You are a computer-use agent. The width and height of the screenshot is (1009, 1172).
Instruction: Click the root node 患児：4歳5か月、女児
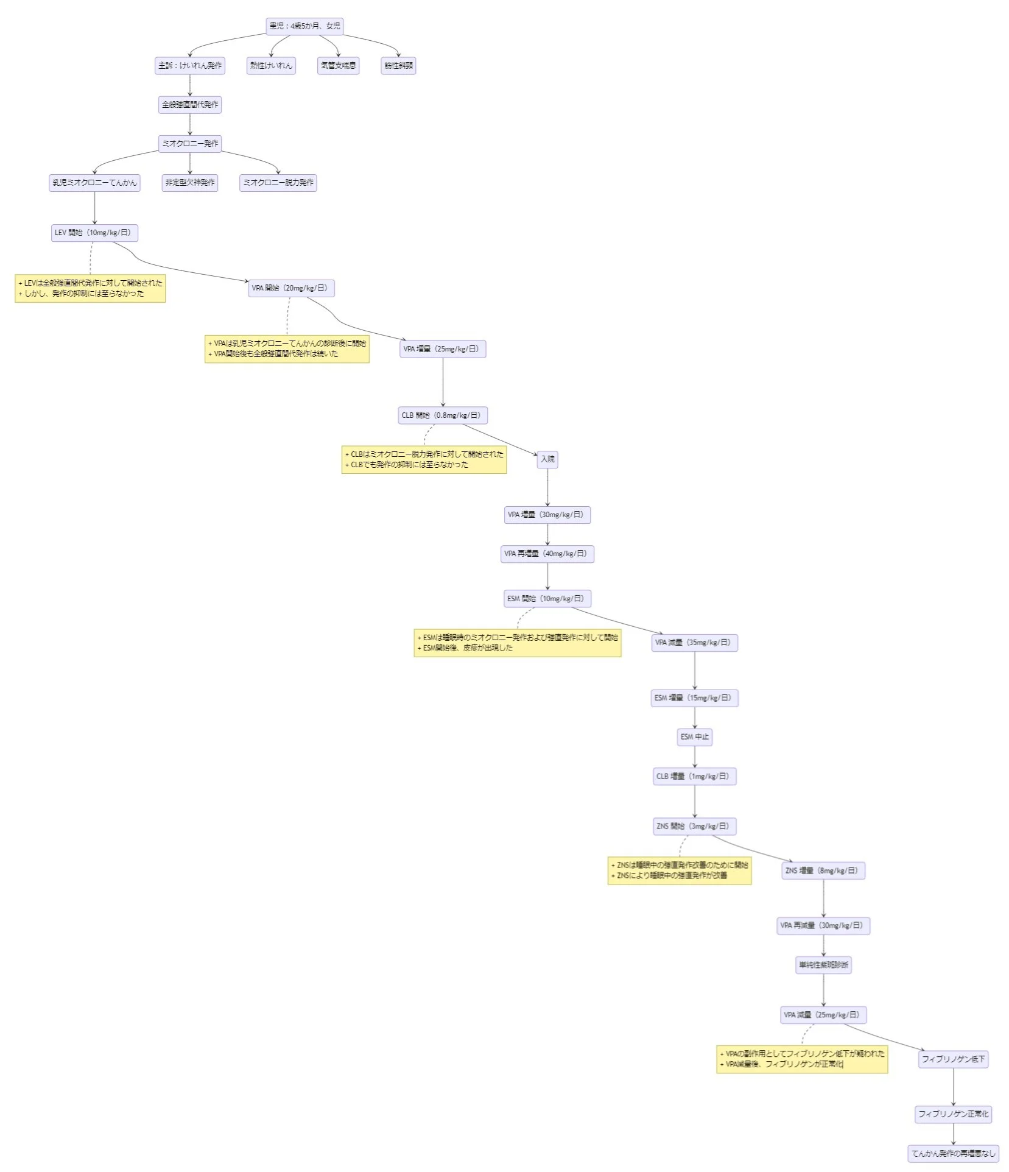coord(304,26)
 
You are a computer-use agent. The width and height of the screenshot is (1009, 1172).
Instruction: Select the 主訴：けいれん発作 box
coord(190,66)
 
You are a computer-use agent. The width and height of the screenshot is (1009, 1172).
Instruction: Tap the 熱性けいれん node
coord(271,66)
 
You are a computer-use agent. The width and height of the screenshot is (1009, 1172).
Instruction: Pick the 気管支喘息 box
coord(338,66)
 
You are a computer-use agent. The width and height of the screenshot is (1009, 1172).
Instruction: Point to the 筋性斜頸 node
coord(398,66)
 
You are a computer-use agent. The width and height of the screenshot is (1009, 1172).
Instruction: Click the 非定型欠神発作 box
coord(190,183)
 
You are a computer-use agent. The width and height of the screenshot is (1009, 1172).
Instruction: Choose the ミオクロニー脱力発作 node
coord(278,183)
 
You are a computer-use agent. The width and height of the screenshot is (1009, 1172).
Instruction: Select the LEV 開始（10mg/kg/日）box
coord(94,233)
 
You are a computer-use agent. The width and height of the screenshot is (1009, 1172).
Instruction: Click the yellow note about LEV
coord(90,288)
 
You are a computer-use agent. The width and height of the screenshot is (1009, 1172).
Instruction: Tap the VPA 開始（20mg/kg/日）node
coord(291,288)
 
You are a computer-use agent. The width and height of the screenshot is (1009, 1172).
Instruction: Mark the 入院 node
coord(547,459)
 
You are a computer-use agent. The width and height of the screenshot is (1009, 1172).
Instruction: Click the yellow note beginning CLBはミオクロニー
coord(424,459)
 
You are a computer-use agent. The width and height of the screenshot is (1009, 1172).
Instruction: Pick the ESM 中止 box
coord(694,737)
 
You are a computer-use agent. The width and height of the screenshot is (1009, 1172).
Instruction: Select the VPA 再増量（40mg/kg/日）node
coord(547,554)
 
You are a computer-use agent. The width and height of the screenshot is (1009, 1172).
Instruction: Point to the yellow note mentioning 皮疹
coord(517,643)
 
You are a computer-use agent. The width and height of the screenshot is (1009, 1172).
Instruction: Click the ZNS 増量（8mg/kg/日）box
coord(823,871)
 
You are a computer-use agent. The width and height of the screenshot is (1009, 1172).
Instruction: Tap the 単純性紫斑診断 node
coord(823,965)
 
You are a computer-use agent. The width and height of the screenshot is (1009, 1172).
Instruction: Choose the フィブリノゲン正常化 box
coord(953,1114)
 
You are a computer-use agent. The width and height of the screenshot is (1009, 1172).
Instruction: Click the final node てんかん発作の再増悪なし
coord(953,1153)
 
